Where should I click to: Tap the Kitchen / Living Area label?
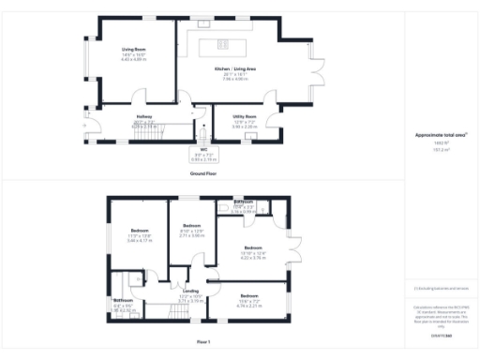[x=231, y=69]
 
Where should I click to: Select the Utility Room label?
[x=244, y=117]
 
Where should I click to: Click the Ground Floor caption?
[x=203, y=173]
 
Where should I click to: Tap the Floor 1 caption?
[x=203, y=343]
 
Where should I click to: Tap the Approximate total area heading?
[x=441, y=161]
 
